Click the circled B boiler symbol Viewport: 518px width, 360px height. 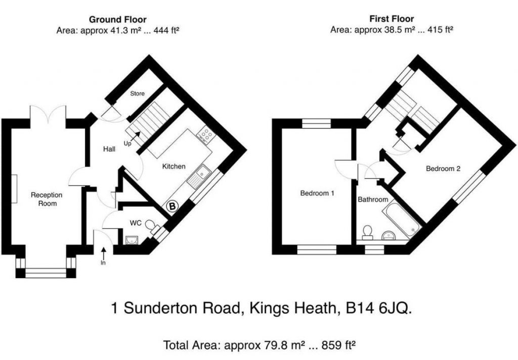coord(172,206)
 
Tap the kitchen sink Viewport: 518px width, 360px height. coord(199,176)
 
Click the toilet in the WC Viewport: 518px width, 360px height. coord(153,226)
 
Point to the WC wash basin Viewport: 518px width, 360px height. coord(132,240)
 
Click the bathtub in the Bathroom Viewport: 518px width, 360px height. coord(401,219)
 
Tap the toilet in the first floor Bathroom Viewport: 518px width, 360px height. coord(367,232)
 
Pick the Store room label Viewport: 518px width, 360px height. coord(137,94)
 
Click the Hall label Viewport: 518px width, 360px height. coord(109,149)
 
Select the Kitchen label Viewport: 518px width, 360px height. coord(174,166)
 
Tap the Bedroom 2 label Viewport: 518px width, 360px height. coord(443,168)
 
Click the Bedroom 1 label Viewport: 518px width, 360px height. coord(317,193)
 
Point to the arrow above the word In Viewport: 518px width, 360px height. coord(103,254)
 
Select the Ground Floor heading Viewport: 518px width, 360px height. coord(117,20)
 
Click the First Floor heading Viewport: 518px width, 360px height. coord(392,19)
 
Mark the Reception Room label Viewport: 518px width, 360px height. coord(47,199)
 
